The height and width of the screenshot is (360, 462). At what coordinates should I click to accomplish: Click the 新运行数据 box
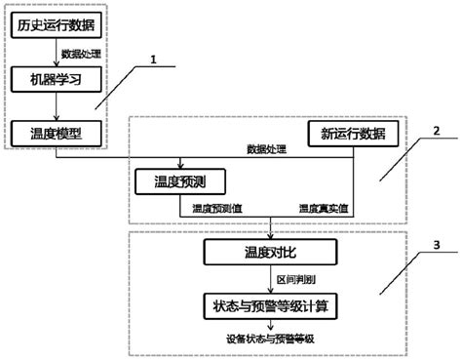[x=346, y=134]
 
